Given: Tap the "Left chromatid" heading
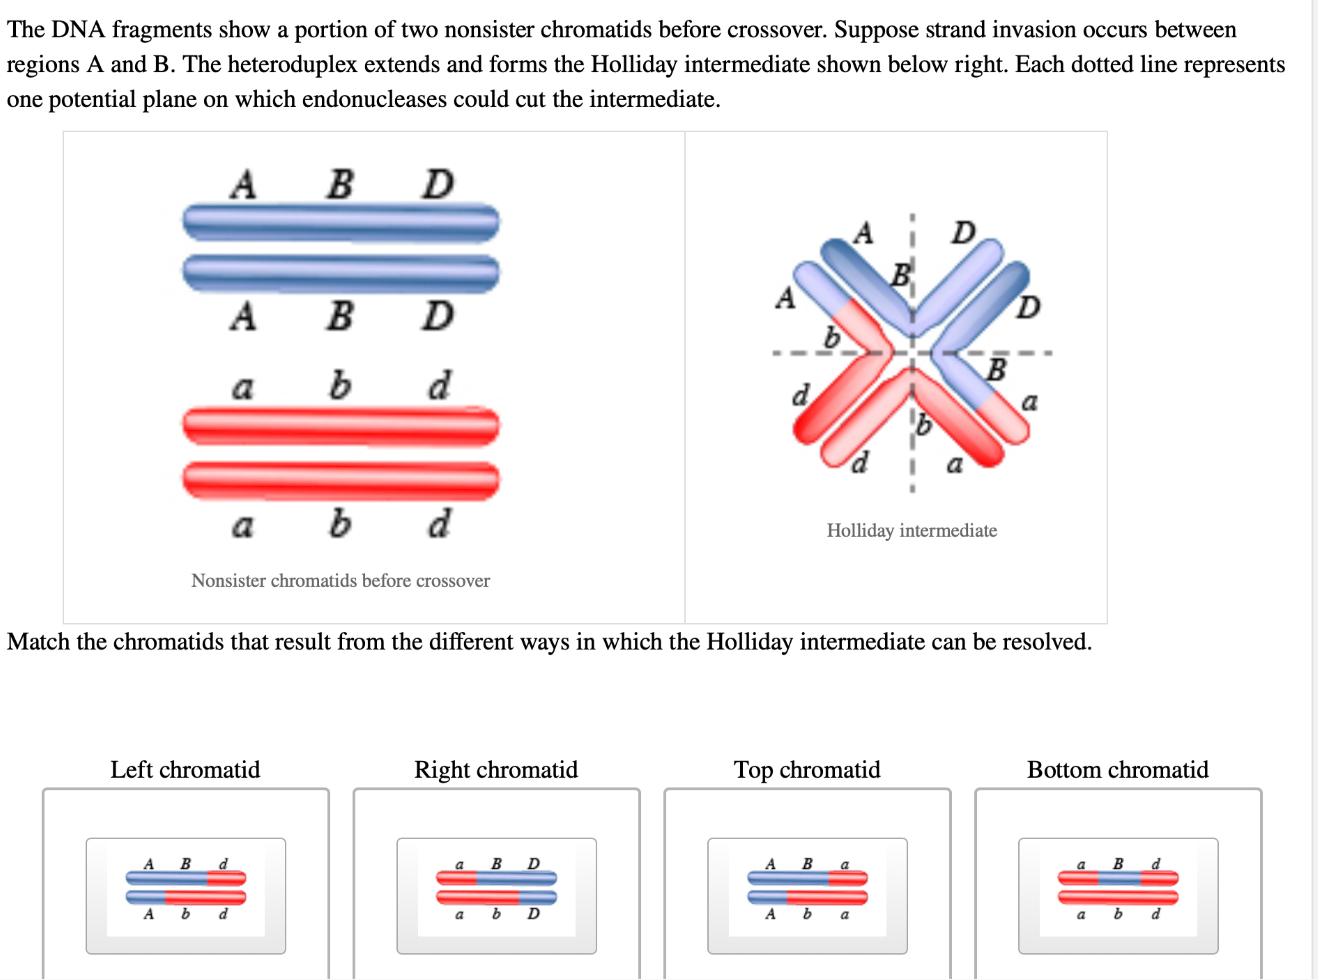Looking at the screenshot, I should pos(185,769).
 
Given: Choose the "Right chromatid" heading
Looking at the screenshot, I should pos(496,769).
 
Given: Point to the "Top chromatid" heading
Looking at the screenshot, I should pos(807,769).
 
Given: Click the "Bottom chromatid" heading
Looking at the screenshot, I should pos(1117,769).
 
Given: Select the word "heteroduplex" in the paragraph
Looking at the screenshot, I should pos(292,64).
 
